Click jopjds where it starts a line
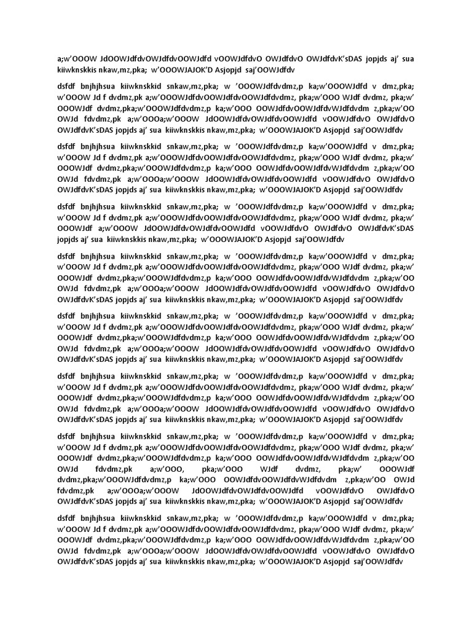(x=69, y=239)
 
